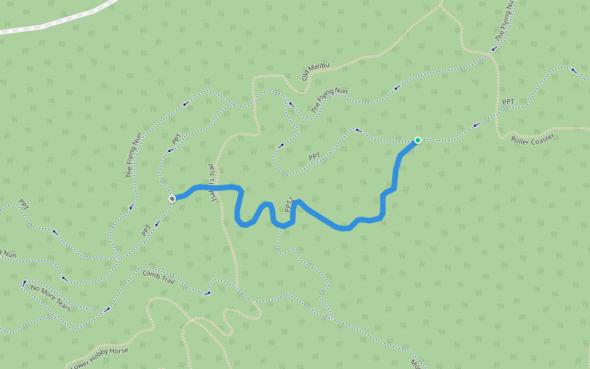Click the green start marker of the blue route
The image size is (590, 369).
tap(418, 140)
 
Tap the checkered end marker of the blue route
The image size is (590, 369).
tap(173, 198)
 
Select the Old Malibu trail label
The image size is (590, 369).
tap(315, 71)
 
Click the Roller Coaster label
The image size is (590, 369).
tap(532, 139)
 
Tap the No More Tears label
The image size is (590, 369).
tap(50, 298)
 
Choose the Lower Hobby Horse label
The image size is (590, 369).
tap(100, 359)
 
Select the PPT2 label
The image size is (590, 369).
tap(289, 205)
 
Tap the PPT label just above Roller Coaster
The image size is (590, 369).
tap(508, 102)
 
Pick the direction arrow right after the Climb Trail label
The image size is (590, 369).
tap(208, 293)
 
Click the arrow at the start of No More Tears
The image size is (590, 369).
tap(25, 284)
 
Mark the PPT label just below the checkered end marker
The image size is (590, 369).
tap(146, 231)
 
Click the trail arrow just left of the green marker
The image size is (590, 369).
tap(356, 130)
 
